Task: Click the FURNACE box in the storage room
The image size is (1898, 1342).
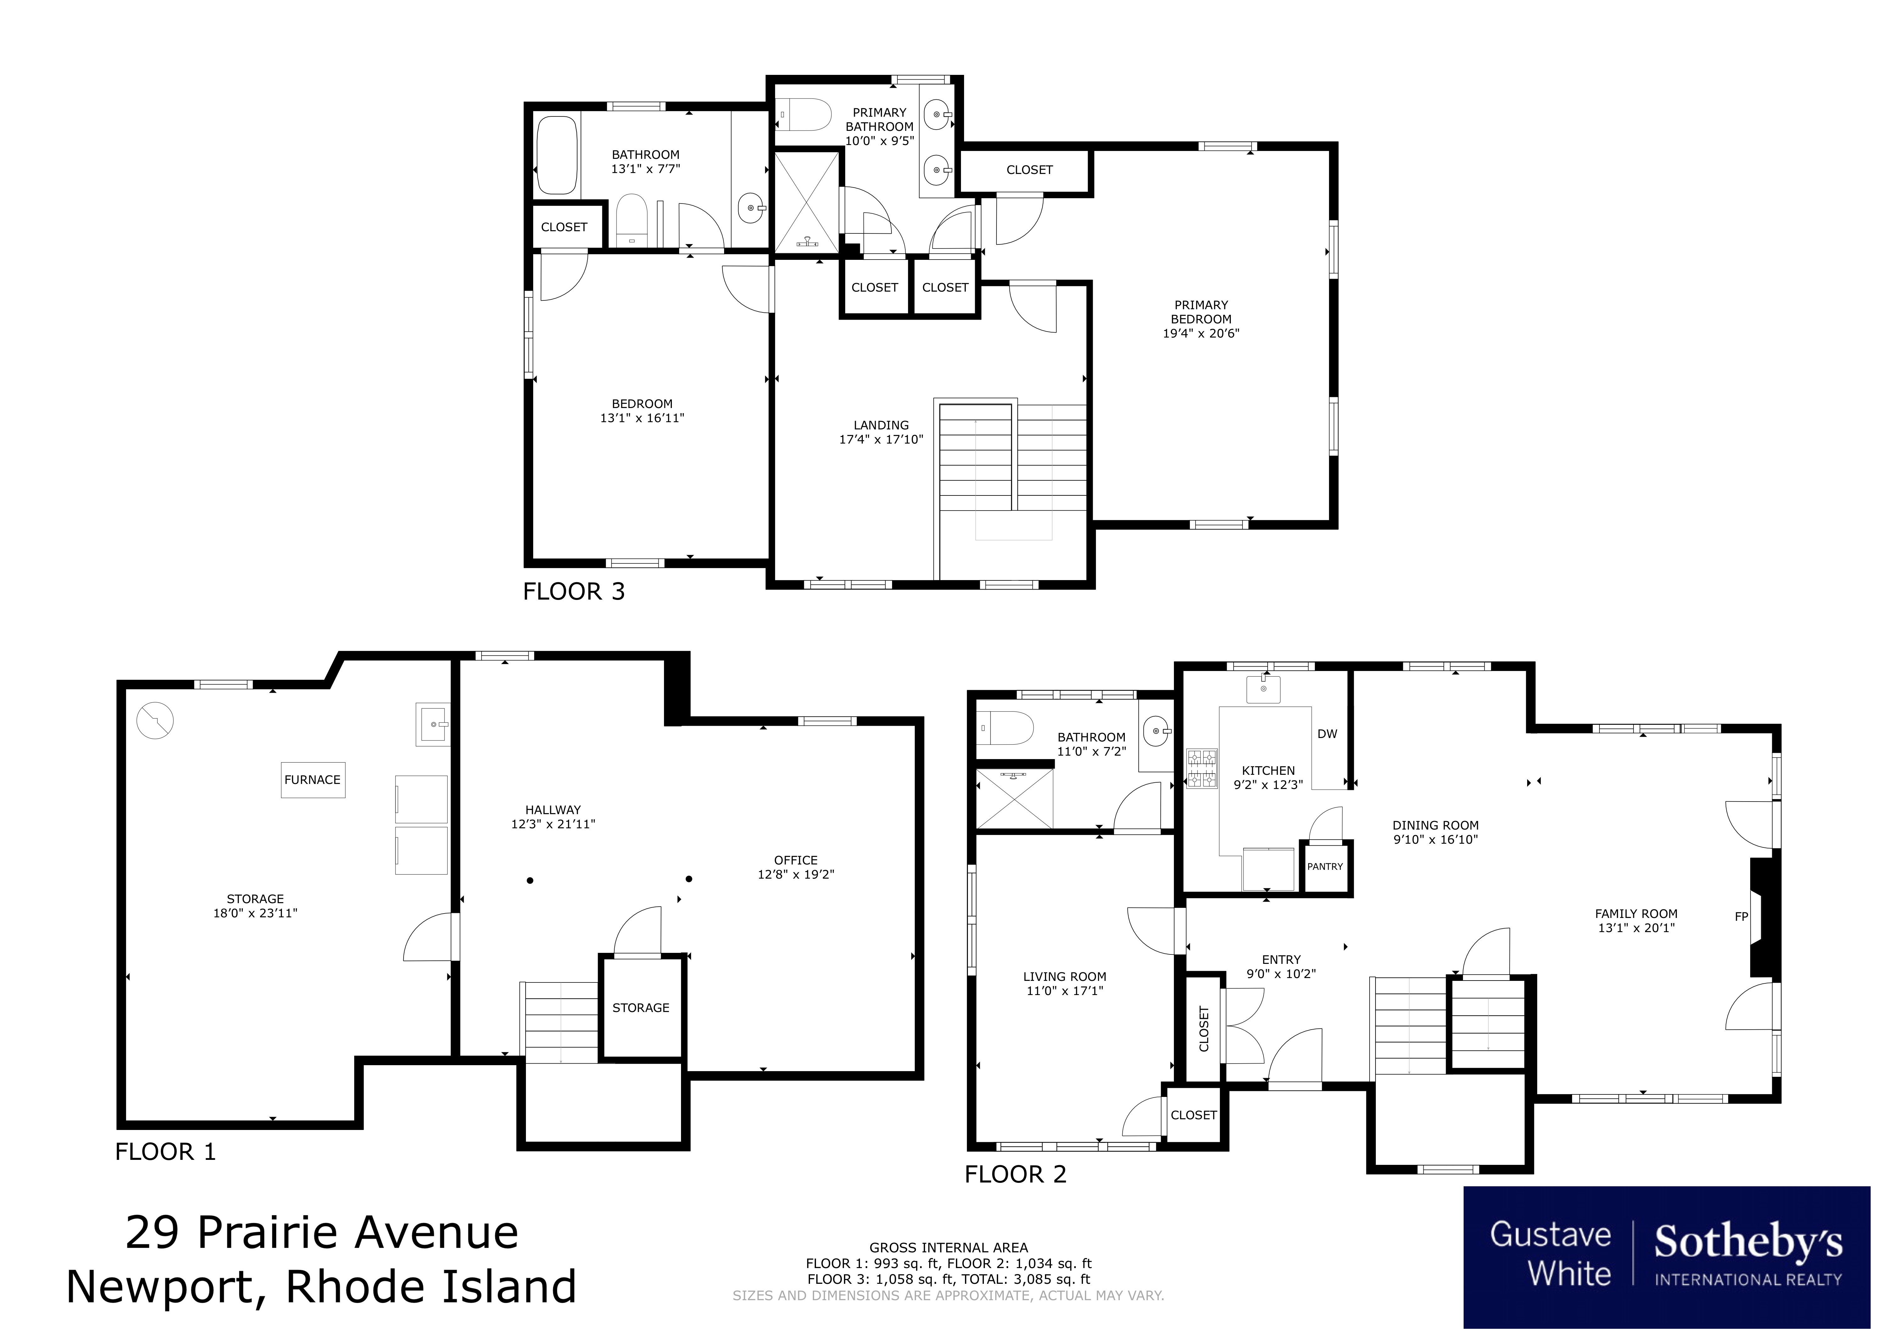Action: point(312,780)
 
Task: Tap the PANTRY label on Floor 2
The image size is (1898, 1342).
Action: point(1325,867)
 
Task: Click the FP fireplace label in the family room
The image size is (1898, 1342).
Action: point(1741,916)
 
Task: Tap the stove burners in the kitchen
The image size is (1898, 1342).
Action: point(1202,768)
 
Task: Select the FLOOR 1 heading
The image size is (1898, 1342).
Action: point(165,1152)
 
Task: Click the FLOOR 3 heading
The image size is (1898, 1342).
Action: point(574,591)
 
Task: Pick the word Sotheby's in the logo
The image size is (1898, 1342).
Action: point(1748,1242)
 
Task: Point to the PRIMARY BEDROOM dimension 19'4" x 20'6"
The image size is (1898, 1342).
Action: point(1201,333)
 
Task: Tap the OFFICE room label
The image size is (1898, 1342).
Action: point(795,860)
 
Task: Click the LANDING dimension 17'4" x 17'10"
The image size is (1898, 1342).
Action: point(881,439)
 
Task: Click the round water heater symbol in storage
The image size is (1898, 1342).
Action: point(154,720)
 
